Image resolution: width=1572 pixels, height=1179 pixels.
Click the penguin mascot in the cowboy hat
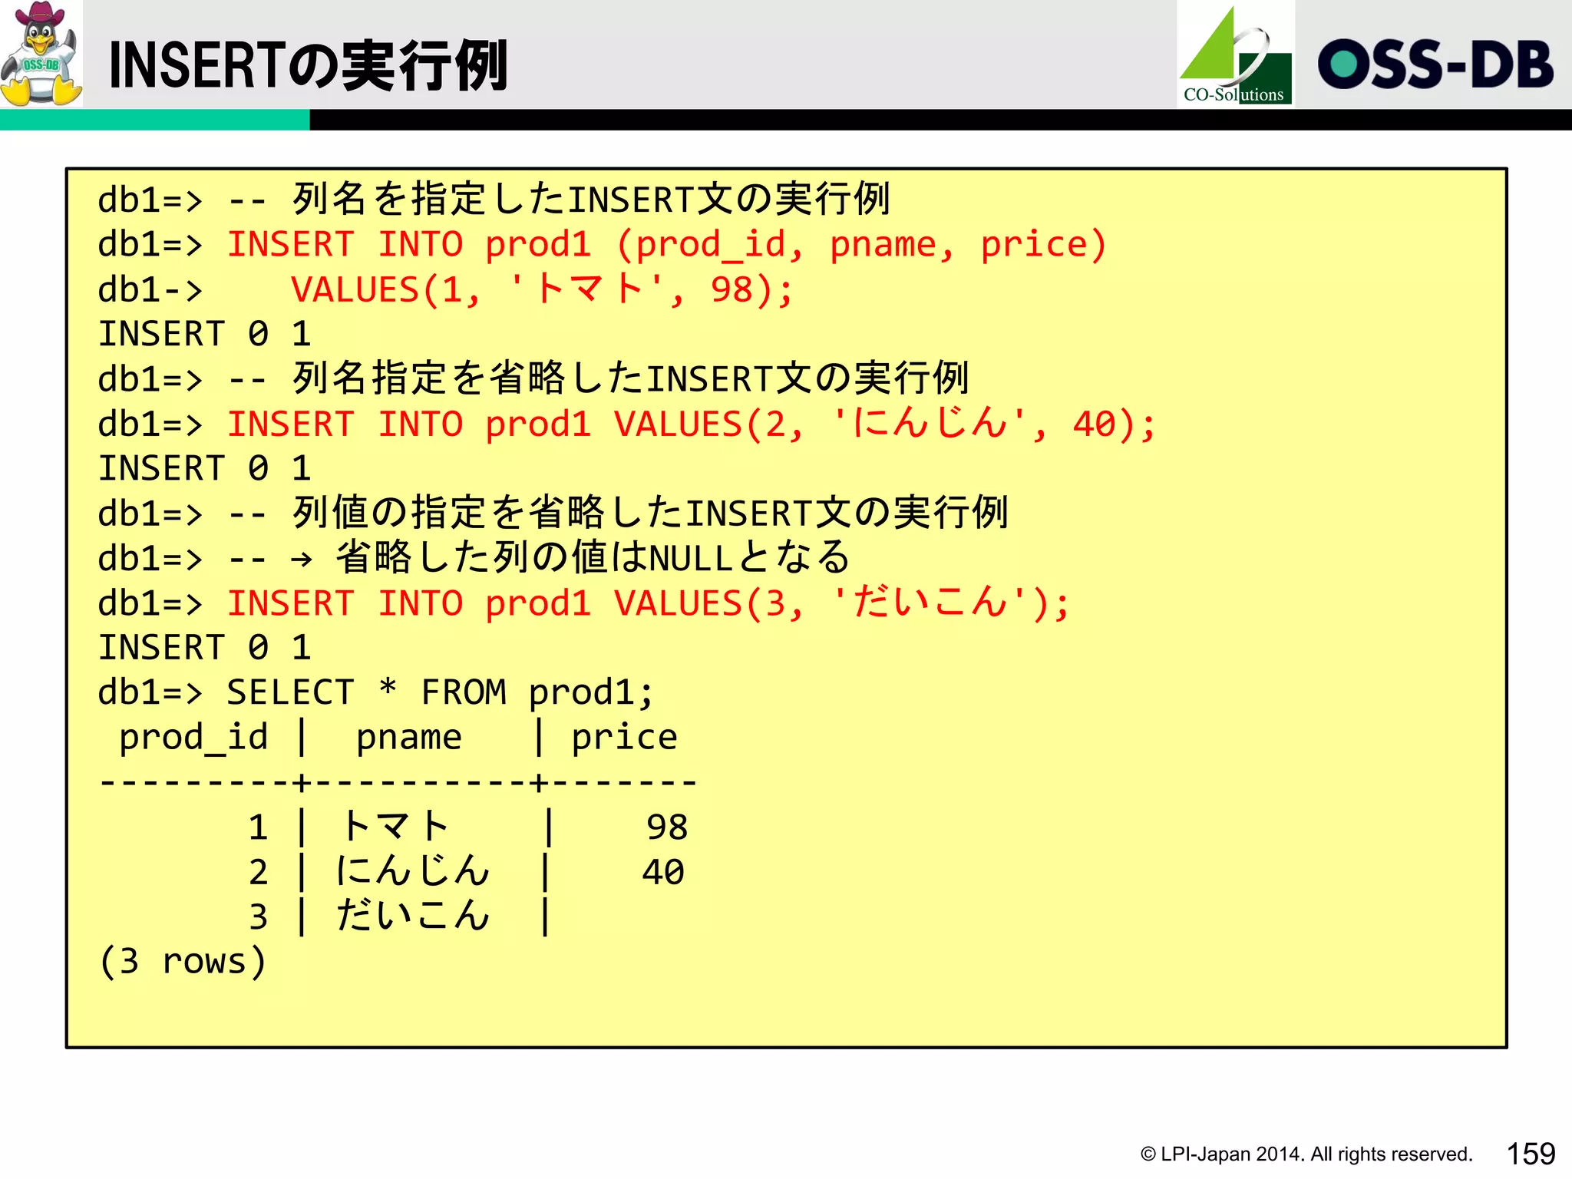41,54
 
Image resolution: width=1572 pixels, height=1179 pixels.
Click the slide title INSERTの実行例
307,66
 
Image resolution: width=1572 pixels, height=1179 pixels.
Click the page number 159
1531,1154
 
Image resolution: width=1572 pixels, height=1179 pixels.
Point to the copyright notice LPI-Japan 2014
1305,1154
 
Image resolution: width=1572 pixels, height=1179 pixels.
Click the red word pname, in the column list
892,246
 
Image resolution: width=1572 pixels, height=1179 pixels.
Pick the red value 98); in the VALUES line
751,291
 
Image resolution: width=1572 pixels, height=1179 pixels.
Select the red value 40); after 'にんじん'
1114,424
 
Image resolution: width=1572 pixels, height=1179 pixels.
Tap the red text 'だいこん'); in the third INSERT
950,604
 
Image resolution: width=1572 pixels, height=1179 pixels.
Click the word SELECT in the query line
290,693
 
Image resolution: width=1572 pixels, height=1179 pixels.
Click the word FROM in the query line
464,693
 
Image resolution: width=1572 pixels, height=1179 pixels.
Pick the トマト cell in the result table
395,827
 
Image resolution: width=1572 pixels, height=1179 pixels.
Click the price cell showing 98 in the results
666,827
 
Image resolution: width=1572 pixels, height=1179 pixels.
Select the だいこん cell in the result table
412,916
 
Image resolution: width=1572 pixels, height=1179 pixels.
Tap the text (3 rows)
183,962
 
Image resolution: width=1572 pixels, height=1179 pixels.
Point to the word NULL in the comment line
691,559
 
